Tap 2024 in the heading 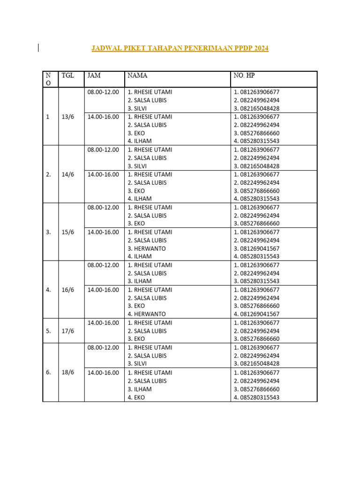tap(259, 48)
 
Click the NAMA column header tap(137, 75)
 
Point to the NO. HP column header tap(244, 75)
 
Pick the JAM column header tap(94, 75)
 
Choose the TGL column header tap(68, 75)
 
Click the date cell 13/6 tap(68, 117)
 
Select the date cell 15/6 tap(68, 232)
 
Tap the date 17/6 tap(68, 331)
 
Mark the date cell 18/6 tap(68, 372)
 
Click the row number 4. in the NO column tap(48, 290)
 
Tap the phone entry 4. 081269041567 tap(256, 314)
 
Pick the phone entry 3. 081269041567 tap(256, 248)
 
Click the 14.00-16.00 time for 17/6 tap(103, 322)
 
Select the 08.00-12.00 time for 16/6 tap(103, 265)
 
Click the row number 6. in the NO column tap(48, 372)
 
